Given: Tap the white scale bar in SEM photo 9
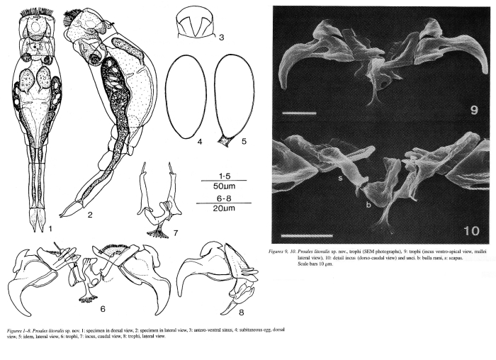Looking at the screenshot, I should coord(295,112).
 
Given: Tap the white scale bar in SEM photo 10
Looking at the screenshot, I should coord(306,232).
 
